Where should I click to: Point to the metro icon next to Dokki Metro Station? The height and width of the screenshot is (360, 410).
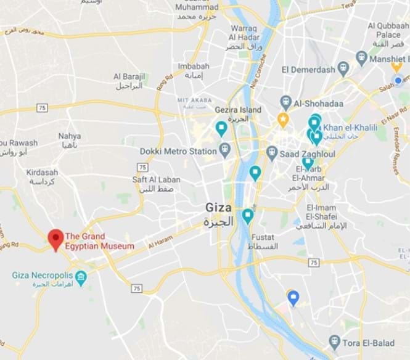(224, 149)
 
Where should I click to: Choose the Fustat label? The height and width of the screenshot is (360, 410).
(263, 237)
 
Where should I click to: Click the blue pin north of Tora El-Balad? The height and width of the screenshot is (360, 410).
(294, 298)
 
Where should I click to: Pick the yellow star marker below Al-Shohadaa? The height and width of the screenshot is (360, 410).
(283, 118)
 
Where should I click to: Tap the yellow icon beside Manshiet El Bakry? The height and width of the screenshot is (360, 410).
(362, 60)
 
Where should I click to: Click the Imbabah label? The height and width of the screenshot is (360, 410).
(189, 66)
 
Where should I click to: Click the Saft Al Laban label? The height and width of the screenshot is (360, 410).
(156, 180)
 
